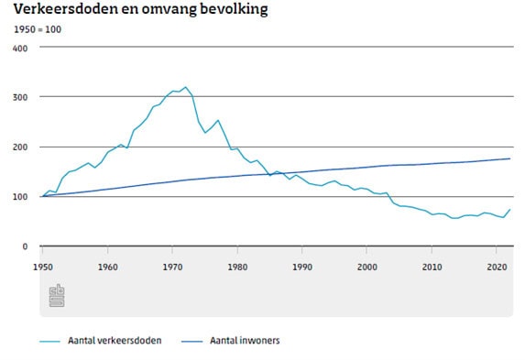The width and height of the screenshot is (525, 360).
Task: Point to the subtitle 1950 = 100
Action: click(x=38, y=30)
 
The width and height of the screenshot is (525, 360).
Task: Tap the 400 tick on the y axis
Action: click(x=21, y=48)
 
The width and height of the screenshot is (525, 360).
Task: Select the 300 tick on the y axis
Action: click(x=21, y=97)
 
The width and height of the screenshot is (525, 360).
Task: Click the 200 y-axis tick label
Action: click(x=21, y=147)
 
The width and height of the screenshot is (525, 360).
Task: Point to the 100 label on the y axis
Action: click(x=21, y=196)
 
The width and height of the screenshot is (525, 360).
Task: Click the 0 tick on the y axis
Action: click(x=25, y=246)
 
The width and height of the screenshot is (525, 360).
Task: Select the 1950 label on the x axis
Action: click(x=43, y=267)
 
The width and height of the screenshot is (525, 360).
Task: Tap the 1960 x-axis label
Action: click(x=108, y=267)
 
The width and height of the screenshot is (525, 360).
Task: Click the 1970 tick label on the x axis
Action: click(x=173, y=267)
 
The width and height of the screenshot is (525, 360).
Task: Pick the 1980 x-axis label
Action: click(x=238, y=267)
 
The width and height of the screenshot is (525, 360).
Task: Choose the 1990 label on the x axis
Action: click(x=302, y=267)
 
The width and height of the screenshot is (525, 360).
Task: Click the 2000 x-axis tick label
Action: click(x=367, y=267)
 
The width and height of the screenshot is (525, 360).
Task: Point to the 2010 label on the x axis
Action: click(x=432, y=267)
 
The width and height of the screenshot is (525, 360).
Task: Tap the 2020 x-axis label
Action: click(x=497, y=267)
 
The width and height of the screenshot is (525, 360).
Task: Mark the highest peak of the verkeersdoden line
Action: click(x=185, y=87)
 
